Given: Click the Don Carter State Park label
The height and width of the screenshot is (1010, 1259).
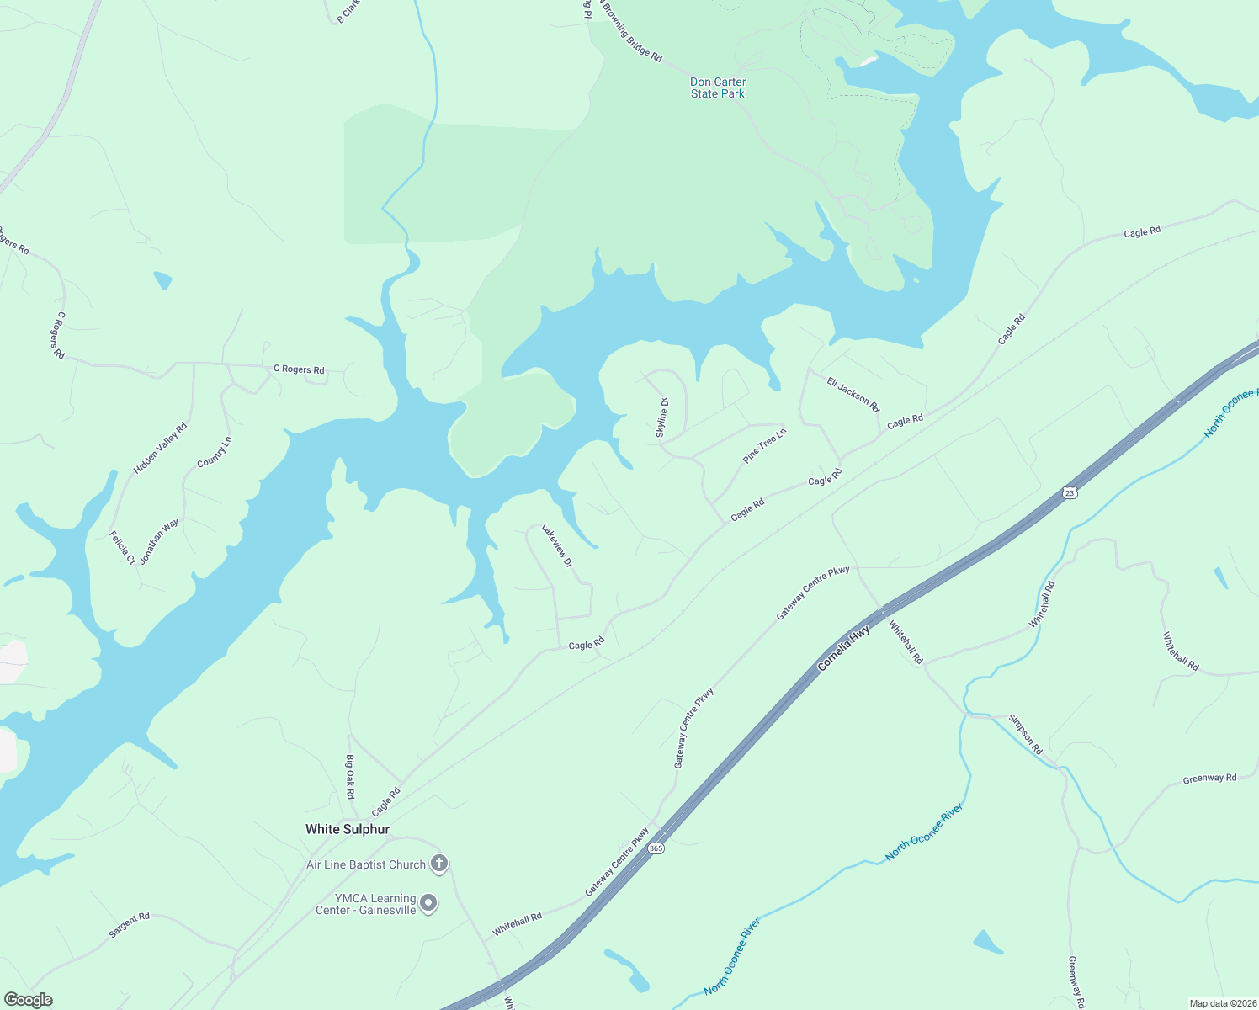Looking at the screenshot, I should [x=718, y=88].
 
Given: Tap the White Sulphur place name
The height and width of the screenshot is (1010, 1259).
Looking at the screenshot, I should [x=348, y=829].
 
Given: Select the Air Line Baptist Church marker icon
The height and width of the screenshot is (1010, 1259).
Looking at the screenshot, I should [x=439, y=864].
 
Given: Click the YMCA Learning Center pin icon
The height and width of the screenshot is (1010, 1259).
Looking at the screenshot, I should [x=428, y=904].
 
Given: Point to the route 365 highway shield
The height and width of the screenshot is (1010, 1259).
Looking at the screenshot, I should [x=656, y=848].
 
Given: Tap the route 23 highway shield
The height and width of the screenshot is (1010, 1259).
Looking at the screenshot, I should [x=1070, y=492].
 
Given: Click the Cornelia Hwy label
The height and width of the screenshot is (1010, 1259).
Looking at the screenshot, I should [x=844, y=649].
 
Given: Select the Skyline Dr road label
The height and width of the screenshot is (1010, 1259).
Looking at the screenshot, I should [x=662, y=417].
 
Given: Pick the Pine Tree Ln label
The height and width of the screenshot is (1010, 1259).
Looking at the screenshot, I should [x=764, y=445].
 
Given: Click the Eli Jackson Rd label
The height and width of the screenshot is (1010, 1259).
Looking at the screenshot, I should [x=853, y=395].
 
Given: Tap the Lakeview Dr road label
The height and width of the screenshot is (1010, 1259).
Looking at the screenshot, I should [x=557, y=545].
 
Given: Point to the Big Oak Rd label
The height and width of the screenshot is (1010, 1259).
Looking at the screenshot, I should [x=350, y=776].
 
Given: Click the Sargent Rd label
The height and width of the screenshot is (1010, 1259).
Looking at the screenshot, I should [x=130, y=925].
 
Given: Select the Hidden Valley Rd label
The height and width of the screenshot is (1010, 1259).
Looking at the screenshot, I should [x=160, y=449].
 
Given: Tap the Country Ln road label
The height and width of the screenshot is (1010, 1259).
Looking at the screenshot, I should [x=214, y=452].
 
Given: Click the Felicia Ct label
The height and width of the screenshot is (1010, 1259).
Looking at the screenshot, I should [x=122, y=547].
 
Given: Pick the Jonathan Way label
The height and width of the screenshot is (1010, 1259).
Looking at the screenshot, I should [x=159, y=542].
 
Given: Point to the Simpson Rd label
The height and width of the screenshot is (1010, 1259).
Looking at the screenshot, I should [x=1025, y=735].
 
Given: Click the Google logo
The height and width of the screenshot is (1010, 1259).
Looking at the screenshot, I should [x=28, y=999].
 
